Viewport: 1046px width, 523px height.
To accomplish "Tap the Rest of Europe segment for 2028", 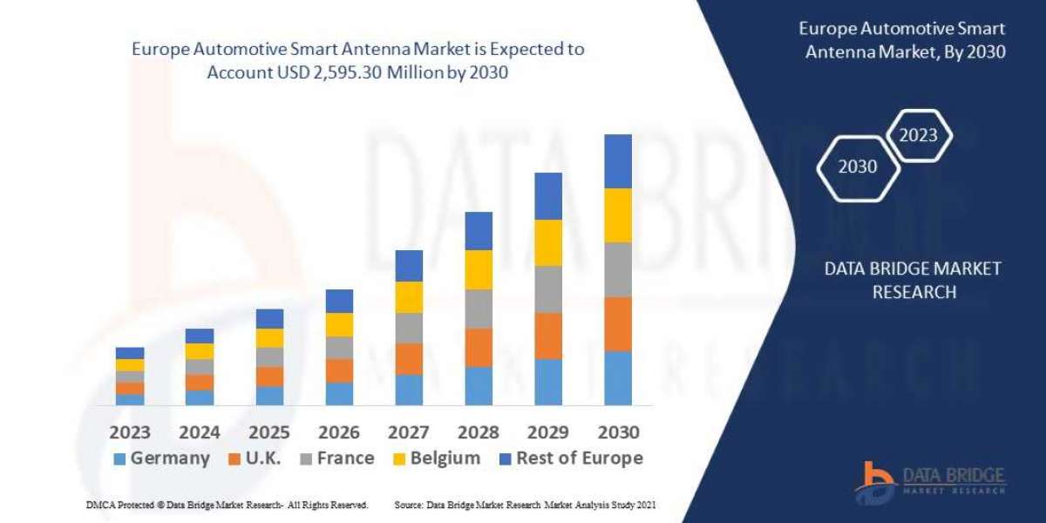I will pyautogui.click(x=479, y=231).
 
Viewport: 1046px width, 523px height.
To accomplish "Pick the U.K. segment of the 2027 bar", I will pyautogui.click(x=409, y=358).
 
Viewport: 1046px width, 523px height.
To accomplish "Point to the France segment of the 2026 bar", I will pyautogui.click(x=339, y=348).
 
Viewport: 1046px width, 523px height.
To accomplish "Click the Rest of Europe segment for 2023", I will pyautogui.click(x=130, y=353).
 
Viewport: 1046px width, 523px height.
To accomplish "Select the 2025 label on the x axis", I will pyautogui.click(x=269, y=432).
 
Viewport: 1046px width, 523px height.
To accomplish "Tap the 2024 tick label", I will pyautogui.click(x=200, y=432).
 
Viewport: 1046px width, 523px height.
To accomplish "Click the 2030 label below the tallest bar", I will pyautogui.click(x=618, y=432).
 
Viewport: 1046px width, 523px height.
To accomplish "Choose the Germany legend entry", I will pyautogui.click(x=162, y=458).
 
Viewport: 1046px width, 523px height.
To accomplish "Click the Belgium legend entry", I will pyautogui.click(x=438, y=458).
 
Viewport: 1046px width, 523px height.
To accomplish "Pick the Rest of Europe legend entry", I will pyautogui.click(x=571, y=458).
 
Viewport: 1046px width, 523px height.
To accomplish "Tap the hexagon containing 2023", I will pyautogui.click(x=918, y=135).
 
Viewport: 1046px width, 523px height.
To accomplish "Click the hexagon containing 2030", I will pyautogui.click(x=858, y=166).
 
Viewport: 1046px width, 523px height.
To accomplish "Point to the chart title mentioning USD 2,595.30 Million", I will pyautogui.click(x=357, y=61).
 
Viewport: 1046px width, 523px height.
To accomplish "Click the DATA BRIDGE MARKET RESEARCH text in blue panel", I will pyautogui.click(x=913, y=280).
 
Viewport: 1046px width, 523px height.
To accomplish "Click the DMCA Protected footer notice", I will pyautogui.click(x=226, y=505).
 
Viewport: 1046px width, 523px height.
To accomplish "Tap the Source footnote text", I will pyautogui.click(x=525, y=505).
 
